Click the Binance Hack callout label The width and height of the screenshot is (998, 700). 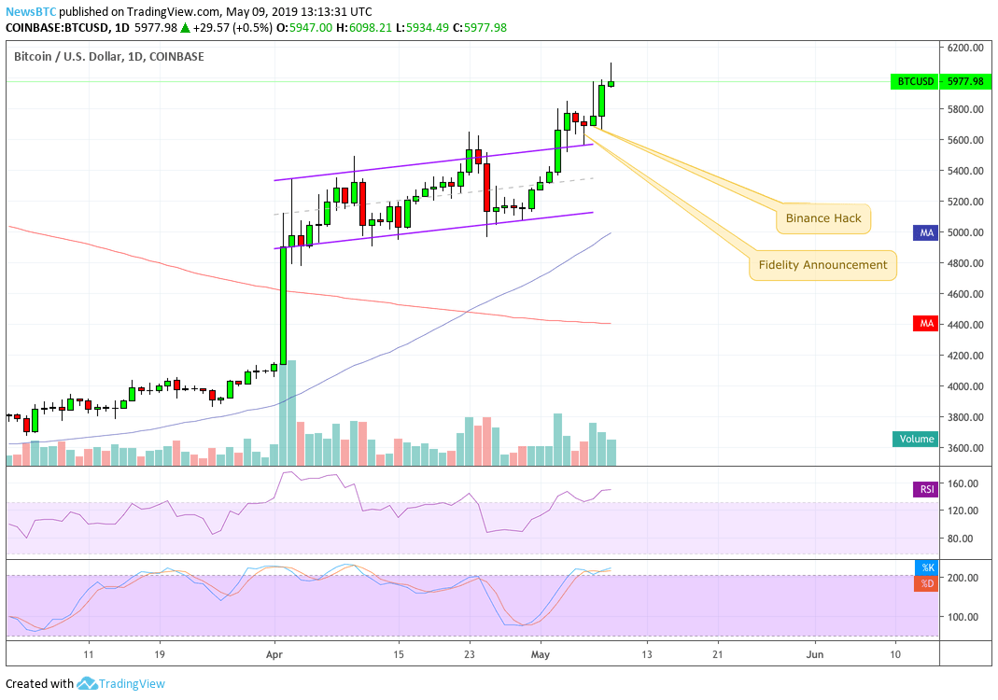click(822, 219)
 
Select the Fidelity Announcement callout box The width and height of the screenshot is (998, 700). click(822, 265)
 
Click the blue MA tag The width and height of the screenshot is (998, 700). click(925, 232)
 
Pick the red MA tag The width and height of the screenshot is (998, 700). click(925, 324)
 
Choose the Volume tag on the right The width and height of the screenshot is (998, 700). click(915, 439)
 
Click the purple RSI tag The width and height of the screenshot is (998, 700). click(924, 489)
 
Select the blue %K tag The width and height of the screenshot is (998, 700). click(926, 567)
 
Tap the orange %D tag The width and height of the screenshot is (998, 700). click(926, 583)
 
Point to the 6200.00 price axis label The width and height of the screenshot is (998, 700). click(963, 48)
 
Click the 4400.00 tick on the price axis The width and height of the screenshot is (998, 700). click(963, 325)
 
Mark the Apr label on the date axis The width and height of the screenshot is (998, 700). click(274, 655)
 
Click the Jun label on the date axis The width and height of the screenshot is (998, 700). click(815, 655)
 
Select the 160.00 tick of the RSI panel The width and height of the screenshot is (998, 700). click(963, 483)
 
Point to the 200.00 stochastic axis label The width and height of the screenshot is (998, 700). click(963, 578)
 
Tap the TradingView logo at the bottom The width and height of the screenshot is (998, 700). click(119, 684)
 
